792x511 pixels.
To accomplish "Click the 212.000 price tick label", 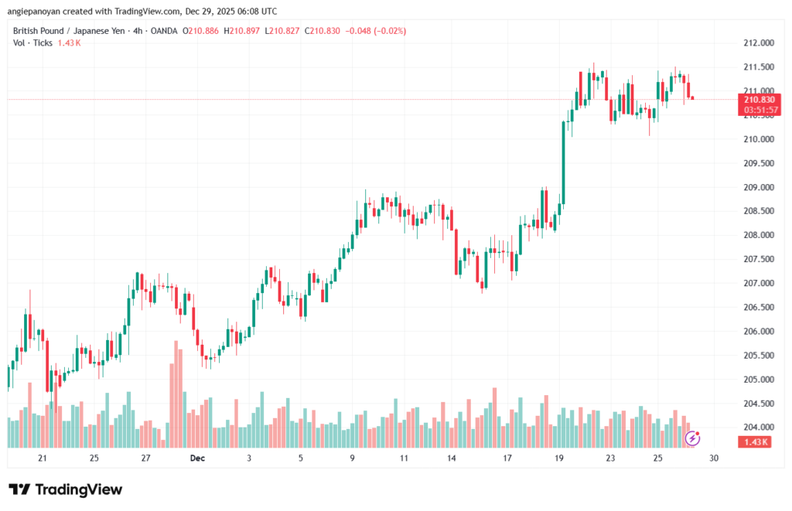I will (x=759, y=43).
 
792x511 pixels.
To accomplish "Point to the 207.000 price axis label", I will (x=759, y=284).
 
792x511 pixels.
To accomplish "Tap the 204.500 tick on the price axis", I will (x=759, y=404).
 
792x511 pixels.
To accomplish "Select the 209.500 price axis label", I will (x=759, y=164).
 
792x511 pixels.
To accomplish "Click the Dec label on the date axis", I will (x=197, y=458).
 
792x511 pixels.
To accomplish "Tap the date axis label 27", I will (x=145, y=458).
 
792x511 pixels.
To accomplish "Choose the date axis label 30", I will (x=713, y=458).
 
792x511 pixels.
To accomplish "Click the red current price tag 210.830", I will (x=759, y=100).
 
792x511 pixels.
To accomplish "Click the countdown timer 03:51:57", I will (x=759, y=110).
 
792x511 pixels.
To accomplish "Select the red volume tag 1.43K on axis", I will (x=754, y=441).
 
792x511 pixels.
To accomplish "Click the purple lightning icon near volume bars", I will (x=693, y=438).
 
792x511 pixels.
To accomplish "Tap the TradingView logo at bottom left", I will (x=66, y=489).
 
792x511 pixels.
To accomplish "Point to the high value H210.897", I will (x=242, y=30).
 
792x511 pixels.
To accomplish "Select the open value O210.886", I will (x=200, y=30).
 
